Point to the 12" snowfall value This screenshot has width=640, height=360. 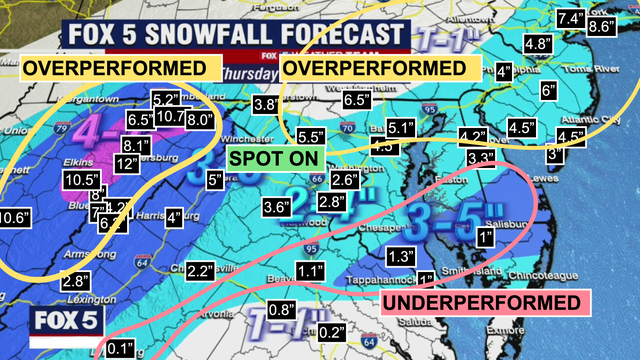[x=127, y=163]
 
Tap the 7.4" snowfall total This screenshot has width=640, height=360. [x=571, y=18]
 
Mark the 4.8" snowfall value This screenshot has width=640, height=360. [x=538, y=44]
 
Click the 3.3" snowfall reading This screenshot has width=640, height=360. [x=481, y=158]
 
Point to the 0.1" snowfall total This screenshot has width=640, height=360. [x=119, y=347]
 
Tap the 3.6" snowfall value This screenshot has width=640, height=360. [x=276, y=208]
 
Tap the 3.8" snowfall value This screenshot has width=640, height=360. [x=265, y=104]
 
